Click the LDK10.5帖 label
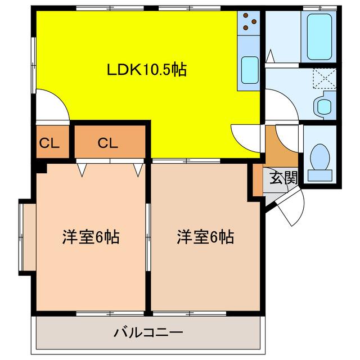(x=147, y=70)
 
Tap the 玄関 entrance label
(x=283, y=178)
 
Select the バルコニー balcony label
(x=148, y=332)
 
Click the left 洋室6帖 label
(x=90, y=237)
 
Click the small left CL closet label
(x=49, y=143)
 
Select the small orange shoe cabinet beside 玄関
(x=258, y=181)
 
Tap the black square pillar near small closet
(x=40, y=166)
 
